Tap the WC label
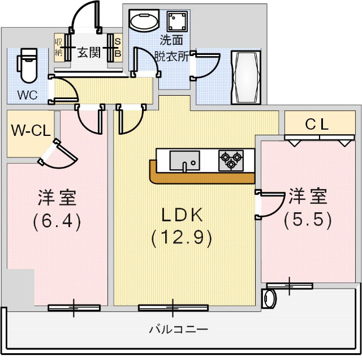pyautogui.click(x=27, y=95)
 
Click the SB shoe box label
pyautogui.click(x=118, y=48)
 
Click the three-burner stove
pyautogui.click(x=231, y=160)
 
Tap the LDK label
pyautogui.click(x=182, y=215)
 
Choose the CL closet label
pyautogui.click(x=317, y=125)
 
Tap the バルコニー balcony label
pyautogui.click(x=179, y=329)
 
